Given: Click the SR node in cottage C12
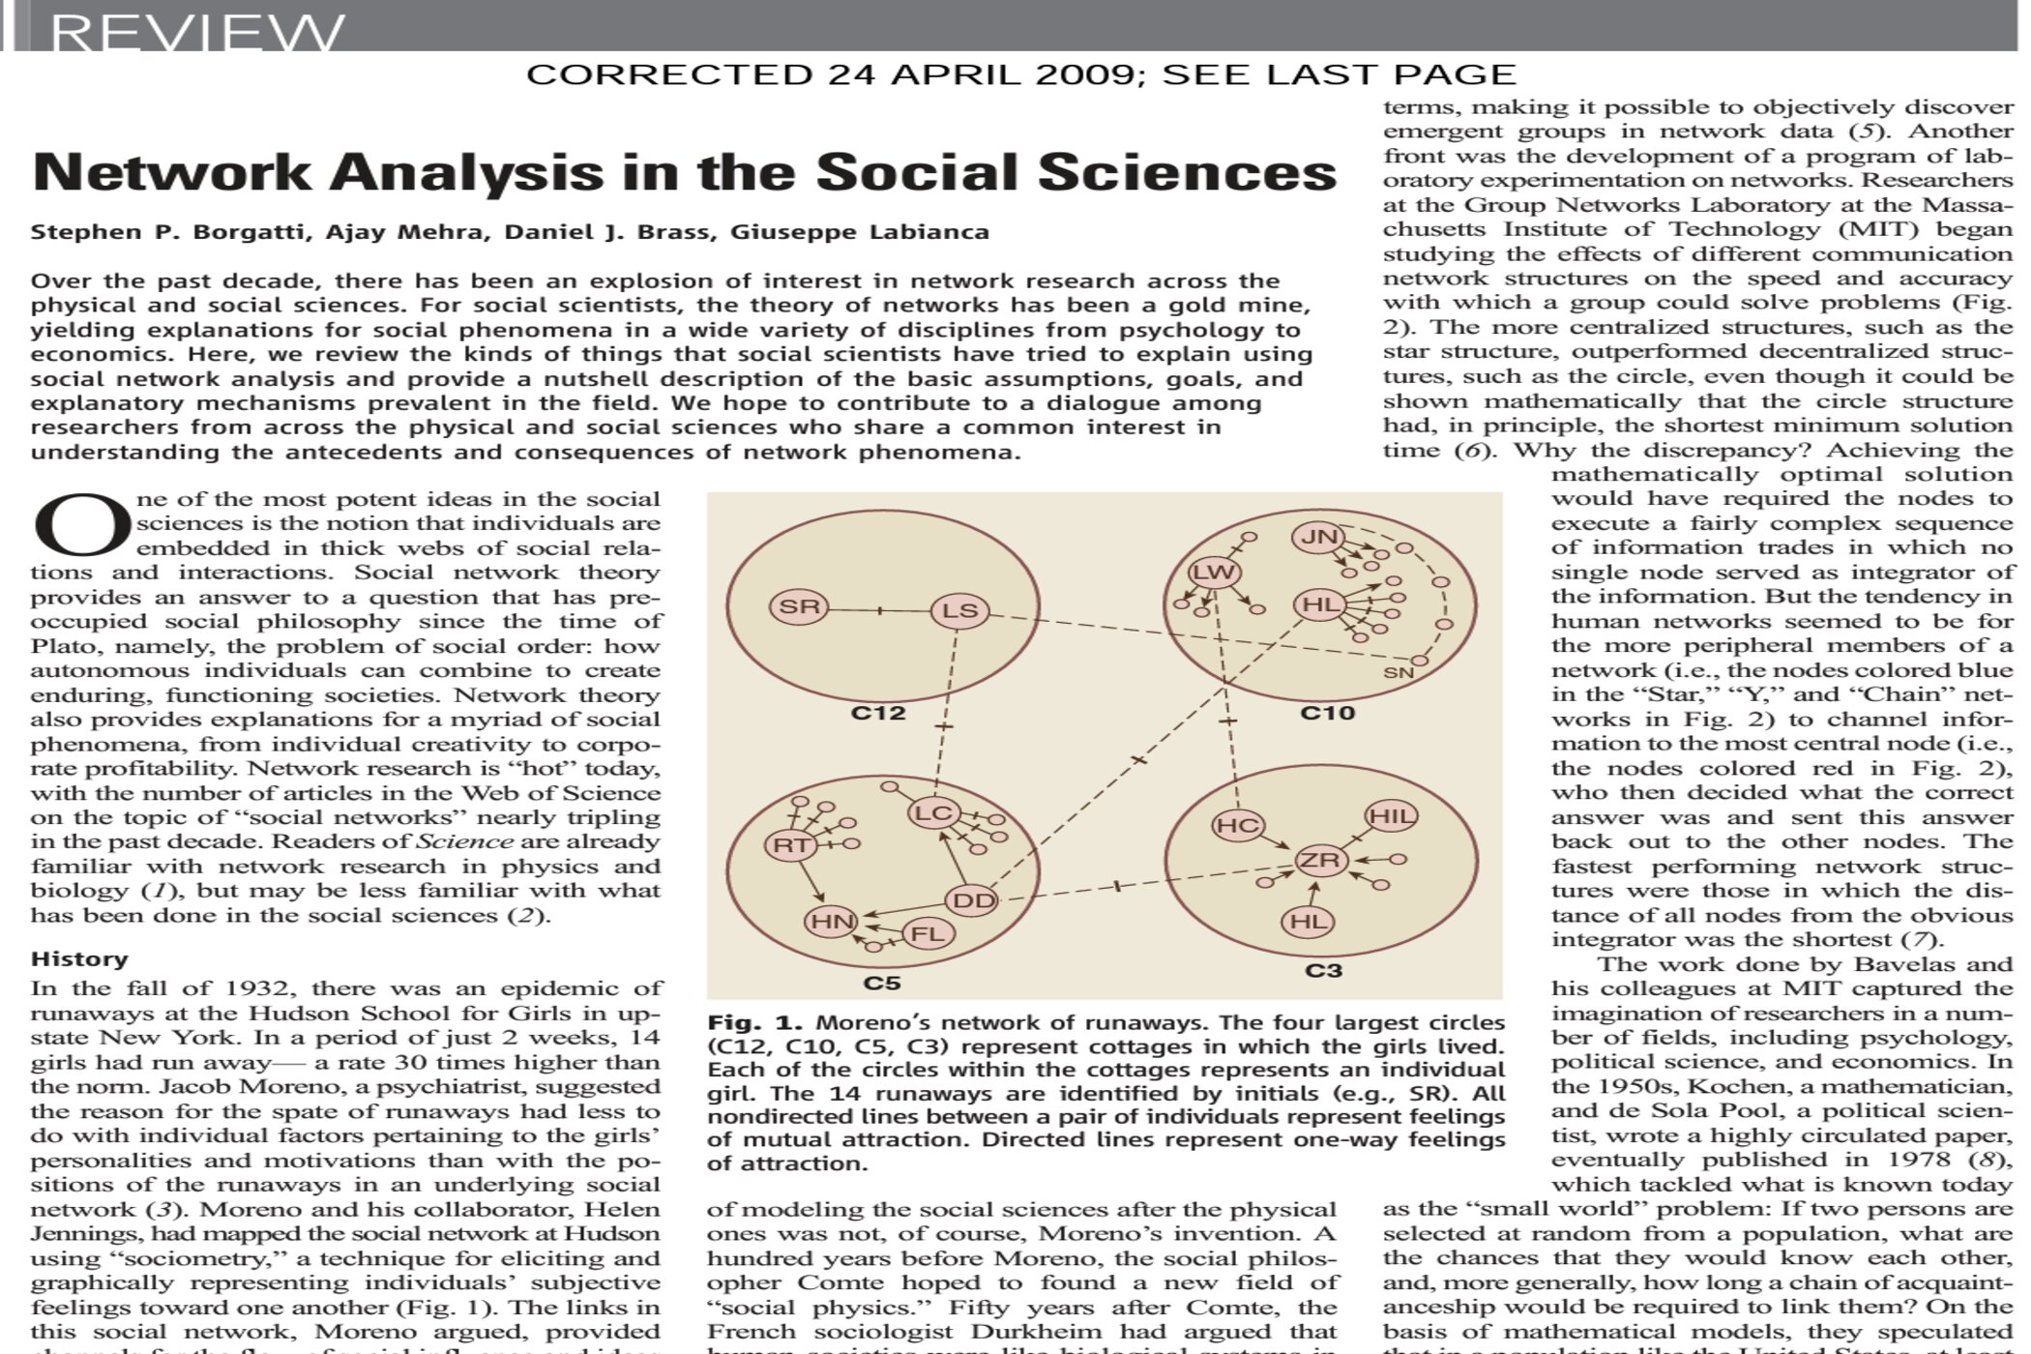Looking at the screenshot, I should (799, 607).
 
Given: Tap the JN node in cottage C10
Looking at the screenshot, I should (1319, 537).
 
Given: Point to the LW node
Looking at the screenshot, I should (1214, 572).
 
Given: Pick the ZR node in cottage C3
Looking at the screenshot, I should (1321, 860).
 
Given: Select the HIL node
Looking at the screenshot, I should (1391, 815).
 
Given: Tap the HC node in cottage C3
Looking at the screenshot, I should (1238, 825).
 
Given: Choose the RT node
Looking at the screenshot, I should (792, 845).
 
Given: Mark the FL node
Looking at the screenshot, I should (927, 933).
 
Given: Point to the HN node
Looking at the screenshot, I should (831, 922).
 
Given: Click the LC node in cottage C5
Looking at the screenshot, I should (934, 812).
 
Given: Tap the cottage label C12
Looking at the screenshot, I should (878, 714).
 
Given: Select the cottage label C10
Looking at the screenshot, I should (1327, 714).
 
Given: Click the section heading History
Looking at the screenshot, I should (79, 958).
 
